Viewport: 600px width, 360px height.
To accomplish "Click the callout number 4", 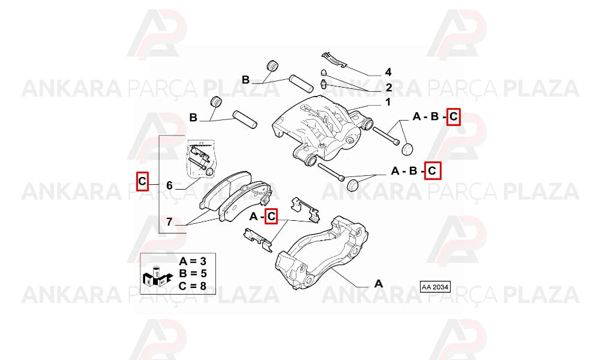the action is [x=388, y=72].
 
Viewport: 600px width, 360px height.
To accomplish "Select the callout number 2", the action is [x=389, y=88].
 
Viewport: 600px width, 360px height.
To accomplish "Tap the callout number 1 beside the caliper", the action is [x=388, y=102].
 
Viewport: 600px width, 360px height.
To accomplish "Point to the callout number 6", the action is [x=170, y=185].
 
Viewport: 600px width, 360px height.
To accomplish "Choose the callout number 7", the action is [x=170, y=221].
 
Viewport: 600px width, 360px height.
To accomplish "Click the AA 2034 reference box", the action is [x=435, y=287].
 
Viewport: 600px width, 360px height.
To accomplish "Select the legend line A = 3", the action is [x=193, y=261].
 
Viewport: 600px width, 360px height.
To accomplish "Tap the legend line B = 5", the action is [x=193, y=274].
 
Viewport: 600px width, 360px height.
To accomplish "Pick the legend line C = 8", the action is [x=193, y=286].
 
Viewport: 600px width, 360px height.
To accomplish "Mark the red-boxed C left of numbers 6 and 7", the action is [x=142, y=181].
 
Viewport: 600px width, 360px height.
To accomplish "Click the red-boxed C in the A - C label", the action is [x=271, y=217].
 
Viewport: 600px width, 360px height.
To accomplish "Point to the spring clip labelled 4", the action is [x=334, y=59].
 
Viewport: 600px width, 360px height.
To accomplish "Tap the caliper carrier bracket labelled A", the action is [x=322, y=253].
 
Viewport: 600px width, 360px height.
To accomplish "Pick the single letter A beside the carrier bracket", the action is [x=378, y=283].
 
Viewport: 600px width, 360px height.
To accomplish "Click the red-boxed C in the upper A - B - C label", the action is [x=454, y=116].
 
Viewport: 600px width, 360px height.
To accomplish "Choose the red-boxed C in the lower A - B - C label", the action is [x=432, y=170].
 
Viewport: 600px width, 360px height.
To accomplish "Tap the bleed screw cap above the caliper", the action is [x=323, y=73].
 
